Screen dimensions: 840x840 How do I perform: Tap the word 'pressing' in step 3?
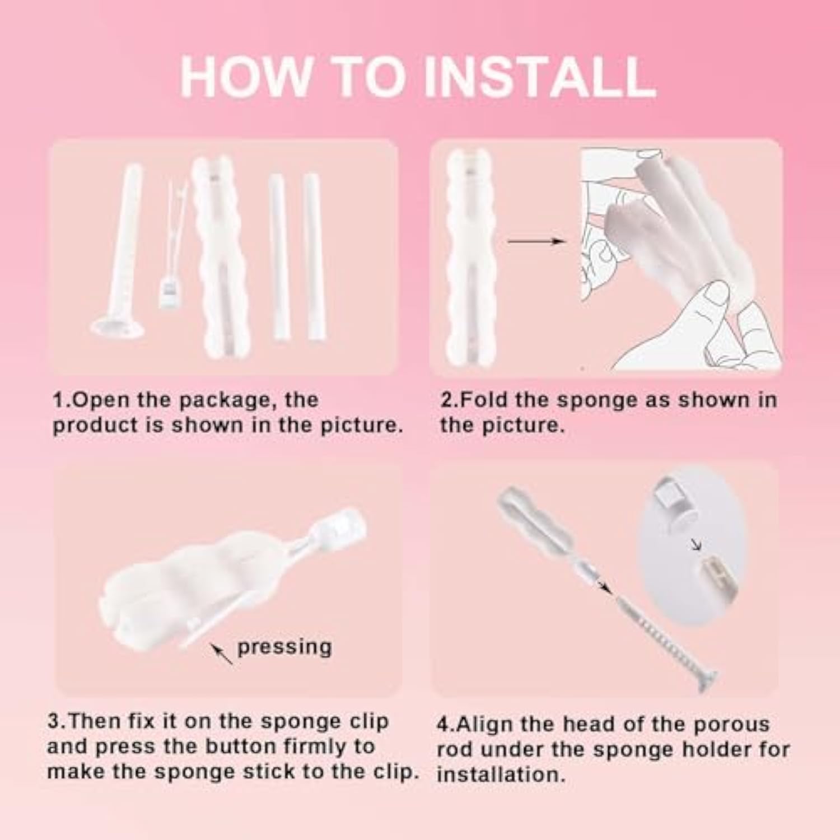[284, 647]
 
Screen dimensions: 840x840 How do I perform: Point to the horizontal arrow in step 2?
[535, 241]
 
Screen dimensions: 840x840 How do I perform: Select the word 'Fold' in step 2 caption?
[482, 400]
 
